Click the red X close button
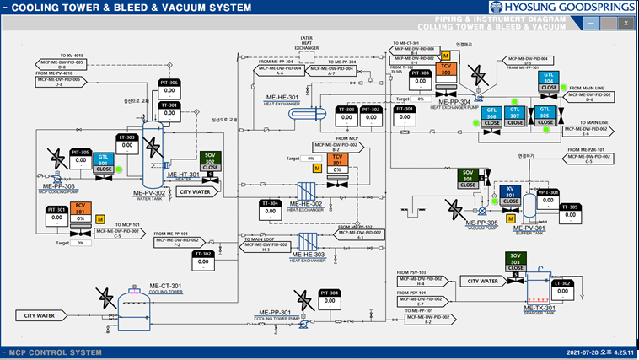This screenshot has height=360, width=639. [626, 24]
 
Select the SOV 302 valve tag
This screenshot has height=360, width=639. [211, 159]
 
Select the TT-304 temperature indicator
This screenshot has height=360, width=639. [271, 207]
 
